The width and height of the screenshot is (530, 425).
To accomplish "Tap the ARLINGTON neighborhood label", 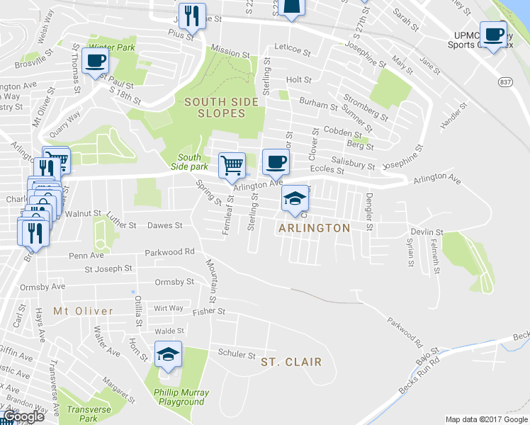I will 314,228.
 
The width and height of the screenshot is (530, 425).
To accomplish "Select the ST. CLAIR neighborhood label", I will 291,362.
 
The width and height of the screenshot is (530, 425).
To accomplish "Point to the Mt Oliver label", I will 83,311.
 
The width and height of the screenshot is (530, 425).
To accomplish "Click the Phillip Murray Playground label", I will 178,397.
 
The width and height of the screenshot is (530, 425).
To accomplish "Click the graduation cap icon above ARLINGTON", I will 295,199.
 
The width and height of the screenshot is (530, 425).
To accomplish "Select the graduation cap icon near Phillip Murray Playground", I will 168,354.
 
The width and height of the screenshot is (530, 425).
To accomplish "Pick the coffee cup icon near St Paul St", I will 95,59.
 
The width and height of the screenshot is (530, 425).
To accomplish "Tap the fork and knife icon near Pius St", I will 191,14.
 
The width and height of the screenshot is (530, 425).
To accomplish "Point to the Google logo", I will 22,416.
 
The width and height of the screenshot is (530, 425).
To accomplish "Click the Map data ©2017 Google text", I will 486,419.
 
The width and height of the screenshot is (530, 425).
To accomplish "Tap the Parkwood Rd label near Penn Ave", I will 169,252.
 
